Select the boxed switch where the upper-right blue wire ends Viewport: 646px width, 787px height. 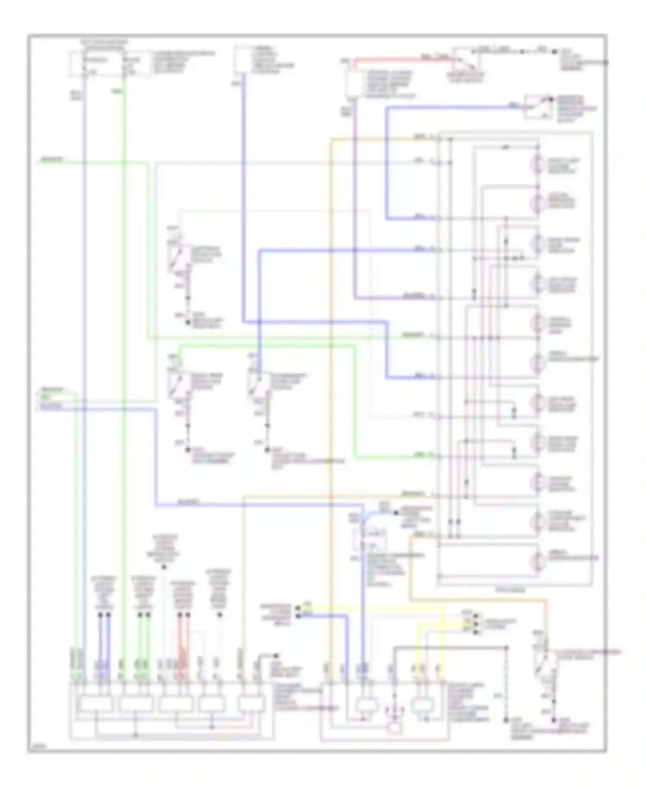538,106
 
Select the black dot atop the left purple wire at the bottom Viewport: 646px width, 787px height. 100,616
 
